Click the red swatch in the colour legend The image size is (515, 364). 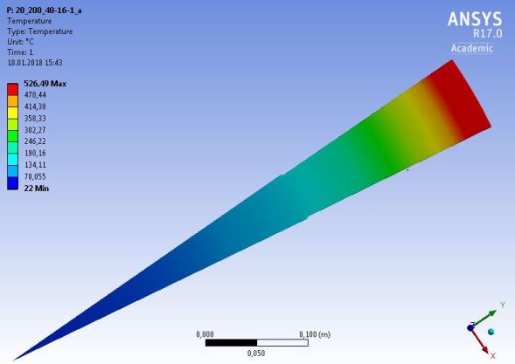(12, 89)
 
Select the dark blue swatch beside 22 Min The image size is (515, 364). (12, 183)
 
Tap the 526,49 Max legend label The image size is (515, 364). (45, 84)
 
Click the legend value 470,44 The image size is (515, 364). (35, 95)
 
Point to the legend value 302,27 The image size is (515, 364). (35, 130)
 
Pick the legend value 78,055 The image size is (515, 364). (35, 176)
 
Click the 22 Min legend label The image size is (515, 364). (37, 189)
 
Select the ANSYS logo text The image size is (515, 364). (475, 19)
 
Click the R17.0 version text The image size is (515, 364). (487, 33)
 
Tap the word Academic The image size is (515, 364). (472, 49)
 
